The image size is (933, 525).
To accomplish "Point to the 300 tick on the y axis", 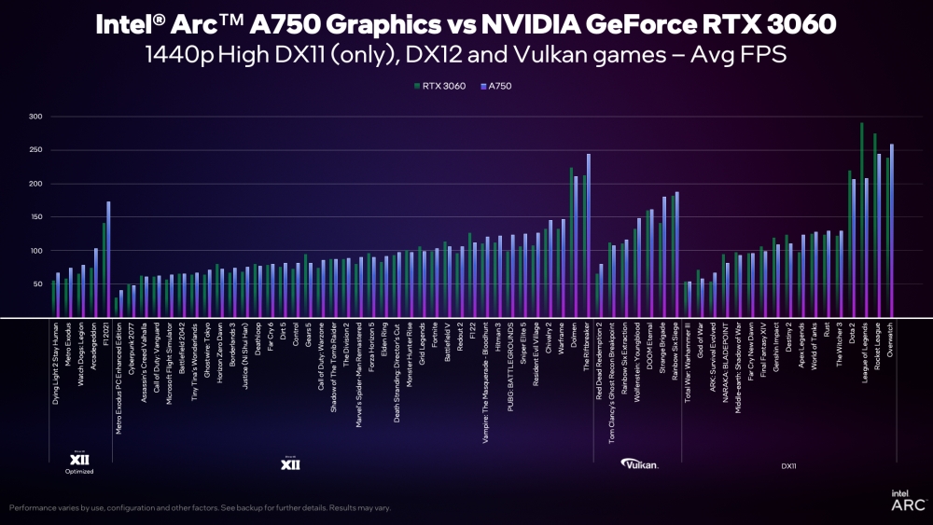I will click(35, 117).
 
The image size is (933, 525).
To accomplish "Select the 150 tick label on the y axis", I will click(35, 217).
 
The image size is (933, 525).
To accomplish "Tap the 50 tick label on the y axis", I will click(37, 284).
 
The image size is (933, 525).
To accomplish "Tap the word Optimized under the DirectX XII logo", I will click(79, 472).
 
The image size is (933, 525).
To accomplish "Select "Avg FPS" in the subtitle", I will click(745, 55).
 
